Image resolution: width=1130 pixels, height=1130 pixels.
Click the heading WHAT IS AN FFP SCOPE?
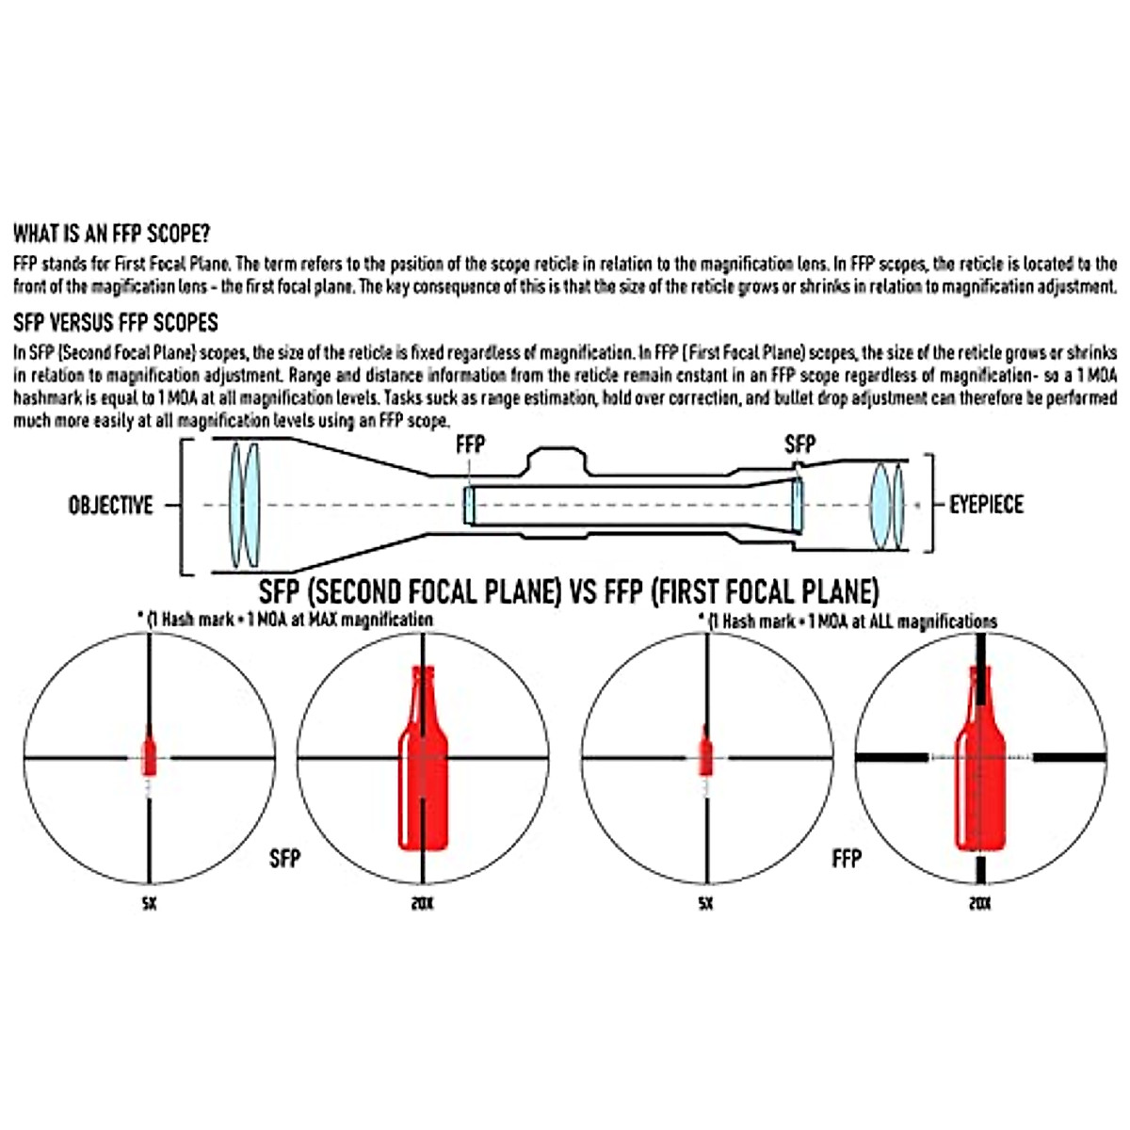(x=111, y=234)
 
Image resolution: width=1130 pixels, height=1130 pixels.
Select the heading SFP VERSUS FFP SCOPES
(x=116, y=323)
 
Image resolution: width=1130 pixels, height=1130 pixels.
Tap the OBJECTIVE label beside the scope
(x=110, y=506)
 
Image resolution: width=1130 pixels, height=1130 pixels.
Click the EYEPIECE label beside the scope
(x=986, y=505)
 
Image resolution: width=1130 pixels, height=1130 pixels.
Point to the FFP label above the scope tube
(x=470, y=444)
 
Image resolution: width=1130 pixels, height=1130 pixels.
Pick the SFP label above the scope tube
(x=799, y=444)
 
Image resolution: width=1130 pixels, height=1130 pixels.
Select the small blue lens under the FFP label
(x=469, y=506)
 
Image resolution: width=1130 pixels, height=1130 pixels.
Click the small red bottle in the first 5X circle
(x=149, y=755)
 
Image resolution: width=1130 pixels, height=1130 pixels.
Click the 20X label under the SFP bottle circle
(x=423, y=903)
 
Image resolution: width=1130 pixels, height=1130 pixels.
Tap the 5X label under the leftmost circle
(x=149, y=903)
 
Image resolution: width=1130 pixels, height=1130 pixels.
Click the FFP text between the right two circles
(x=847, y=858)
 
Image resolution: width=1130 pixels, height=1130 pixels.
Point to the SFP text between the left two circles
(x=284, y=858)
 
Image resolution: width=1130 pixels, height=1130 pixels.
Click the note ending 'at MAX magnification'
(x=285, y=620)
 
